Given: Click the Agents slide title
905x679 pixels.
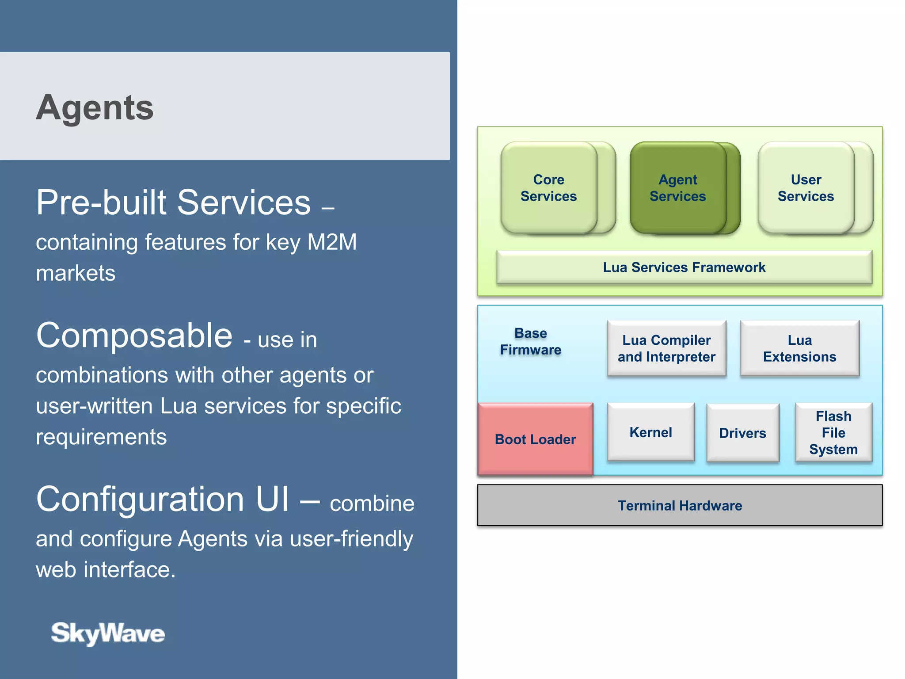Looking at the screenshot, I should tap(95, 107).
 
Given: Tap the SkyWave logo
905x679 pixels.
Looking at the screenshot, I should tap(108, 633).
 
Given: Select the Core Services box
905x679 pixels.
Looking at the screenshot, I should tap(548, 188).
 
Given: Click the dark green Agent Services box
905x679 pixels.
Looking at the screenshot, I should tap(677, 188).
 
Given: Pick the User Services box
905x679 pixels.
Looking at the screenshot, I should tap(806, 188).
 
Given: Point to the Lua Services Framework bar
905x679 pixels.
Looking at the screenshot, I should tap(684, 267).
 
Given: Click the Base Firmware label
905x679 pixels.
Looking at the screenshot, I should tap(530, 341).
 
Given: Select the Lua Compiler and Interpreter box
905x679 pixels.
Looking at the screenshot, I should tap(666, 348).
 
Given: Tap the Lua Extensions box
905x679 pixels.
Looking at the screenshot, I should tap(799, 348).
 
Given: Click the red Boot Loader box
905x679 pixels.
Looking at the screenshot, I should tap(535, 439).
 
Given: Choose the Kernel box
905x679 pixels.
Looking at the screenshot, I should tap(650, 432).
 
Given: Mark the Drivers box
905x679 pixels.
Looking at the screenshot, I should tap(742, 433).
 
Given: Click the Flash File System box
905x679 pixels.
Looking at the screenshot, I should tap(833, 432).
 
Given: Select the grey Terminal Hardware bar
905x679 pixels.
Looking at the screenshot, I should tap(680, 505).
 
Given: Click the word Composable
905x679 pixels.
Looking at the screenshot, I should tap(134, 335).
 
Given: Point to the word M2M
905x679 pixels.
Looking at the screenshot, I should tap(332, 242).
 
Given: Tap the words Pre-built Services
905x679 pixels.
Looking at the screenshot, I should tap(173, 202).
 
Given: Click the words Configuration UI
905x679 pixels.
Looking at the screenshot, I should tap(163, 499).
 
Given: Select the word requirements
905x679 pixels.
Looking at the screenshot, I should tap(101, 437).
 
